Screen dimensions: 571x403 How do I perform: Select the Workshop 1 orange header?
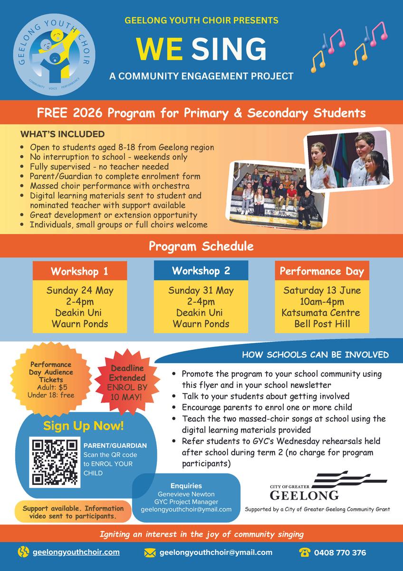click(x=79, y=272)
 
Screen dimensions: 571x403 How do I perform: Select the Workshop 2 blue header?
click(x=201, y=271)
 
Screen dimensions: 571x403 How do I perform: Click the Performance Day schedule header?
click(x=322, y=272)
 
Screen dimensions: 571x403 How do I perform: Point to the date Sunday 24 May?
click(x=79, y=290)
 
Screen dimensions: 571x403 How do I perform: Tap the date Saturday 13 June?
click(x=322, y=290)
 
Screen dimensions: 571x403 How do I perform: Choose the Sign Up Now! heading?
click(x=84, y=425)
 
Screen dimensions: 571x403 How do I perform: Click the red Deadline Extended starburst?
click(x=126, y=381)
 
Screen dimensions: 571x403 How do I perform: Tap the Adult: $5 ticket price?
click(x=52, y=387)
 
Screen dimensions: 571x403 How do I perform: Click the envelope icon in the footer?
click(x=150, y=552)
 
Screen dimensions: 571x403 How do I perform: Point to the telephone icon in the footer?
click(x=305, y=552)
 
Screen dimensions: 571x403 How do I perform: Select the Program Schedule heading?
click(x=201, y=246)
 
